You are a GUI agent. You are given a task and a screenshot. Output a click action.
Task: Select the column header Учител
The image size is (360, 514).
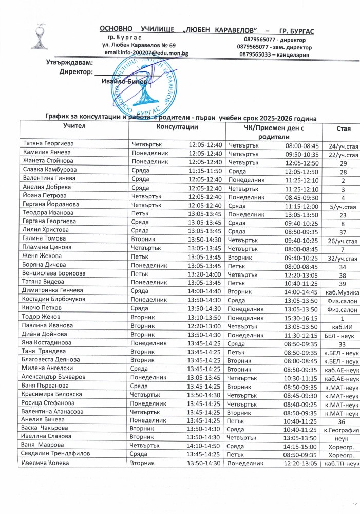coord(74,125)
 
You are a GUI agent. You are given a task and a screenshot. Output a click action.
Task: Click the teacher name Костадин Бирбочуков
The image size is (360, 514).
coord(51,299)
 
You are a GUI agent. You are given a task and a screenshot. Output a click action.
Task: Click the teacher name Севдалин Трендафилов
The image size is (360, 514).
coord(54,455)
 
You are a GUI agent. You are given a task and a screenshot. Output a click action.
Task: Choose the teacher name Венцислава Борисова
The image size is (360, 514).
coord(53,274)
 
